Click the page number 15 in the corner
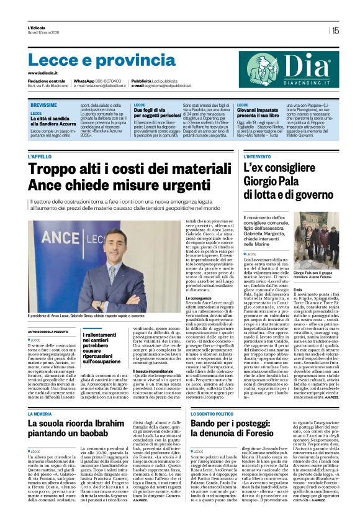(335, 30)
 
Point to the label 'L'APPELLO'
(40, 157)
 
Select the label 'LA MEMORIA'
(40, 413)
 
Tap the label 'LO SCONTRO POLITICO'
(212, 413)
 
